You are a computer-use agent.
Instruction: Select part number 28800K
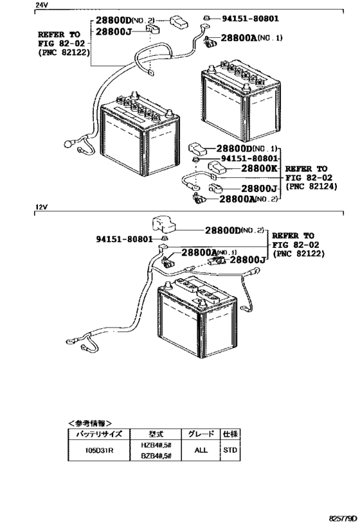click(258, 168)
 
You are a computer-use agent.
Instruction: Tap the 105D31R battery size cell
click(99, 450)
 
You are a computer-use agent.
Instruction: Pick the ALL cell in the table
click(201, 450)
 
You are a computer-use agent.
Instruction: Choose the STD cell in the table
click(230, 450)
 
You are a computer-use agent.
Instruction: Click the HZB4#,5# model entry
click(156, 445)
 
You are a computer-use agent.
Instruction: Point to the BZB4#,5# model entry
click(156, 455)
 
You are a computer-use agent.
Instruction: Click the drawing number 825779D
click(342, 520)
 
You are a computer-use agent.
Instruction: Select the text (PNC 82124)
click(311, 186)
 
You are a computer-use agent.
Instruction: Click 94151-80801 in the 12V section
click(124, 239)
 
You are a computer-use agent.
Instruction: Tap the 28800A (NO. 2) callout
click(249, 199)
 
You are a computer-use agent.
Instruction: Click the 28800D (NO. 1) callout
click(247, 148)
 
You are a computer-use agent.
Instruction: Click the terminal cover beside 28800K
click(218, 167)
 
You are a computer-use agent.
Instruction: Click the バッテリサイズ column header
click(99, 434)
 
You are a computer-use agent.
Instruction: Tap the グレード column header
click(201, 434)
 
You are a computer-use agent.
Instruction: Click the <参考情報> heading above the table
click(90, 423)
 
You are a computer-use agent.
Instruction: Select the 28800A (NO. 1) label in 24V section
click(251, 38)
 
